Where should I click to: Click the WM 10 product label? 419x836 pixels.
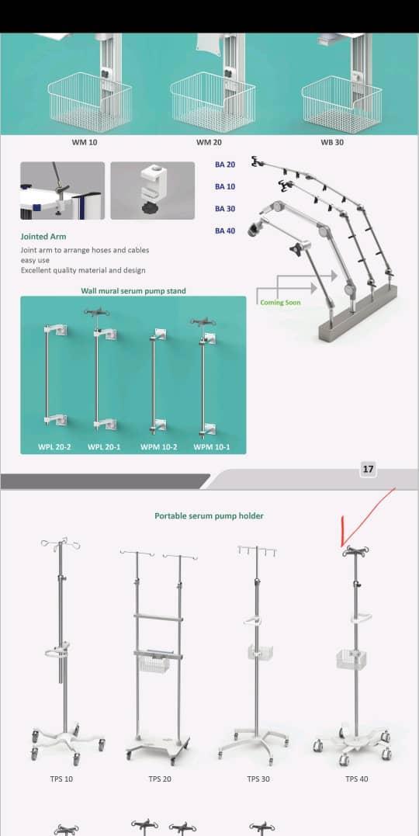click(85, 142)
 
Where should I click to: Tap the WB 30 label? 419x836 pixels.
click(331, 142)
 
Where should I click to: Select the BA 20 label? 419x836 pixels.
click(225, 165)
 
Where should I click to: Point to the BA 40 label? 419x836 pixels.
click(225, 231)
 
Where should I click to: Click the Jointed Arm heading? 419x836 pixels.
click(43, 236)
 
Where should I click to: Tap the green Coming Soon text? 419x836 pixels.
click(280, 302)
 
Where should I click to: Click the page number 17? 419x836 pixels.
click(368, 469)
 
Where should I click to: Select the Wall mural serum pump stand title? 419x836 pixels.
click(133, 290)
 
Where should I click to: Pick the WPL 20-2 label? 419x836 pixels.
click(54, 447)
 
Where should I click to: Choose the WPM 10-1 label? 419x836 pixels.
click(212, 447)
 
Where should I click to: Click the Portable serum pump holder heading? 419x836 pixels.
click(209, 515)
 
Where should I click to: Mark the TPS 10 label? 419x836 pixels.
click(61, 779)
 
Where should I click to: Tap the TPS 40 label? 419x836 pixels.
click(357, 779)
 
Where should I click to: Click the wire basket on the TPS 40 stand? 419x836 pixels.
click(350, 659)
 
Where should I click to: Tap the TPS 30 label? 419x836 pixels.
click(258, 779)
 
